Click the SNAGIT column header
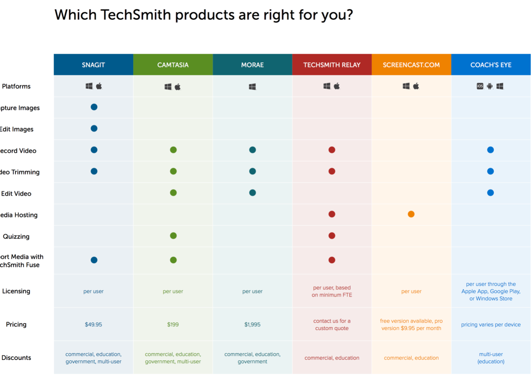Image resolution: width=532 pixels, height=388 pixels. (x=93, y=65)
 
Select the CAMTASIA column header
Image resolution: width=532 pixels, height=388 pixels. (x=173, y=65)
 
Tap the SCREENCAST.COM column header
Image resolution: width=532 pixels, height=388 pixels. (x=411, y=65)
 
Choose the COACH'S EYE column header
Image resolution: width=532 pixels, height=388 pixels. (x=491, y=65)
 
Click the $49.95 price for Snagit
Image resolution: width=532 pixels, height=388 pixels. (x=93, y=324)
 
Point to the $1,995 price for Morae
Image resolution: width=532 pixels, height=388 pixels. (x=252, y=324)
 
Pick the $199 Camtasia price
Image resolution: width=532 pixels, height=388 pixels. (x=173, y=324)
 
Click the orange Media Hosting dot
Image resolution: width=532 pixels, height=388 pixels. (x=411, y=214)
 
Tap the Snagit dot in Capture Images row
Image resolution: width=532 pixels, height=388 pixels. (x=94, y=107)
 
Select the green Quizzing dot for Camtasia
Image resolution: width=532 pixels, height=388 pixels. (x=173, y=236)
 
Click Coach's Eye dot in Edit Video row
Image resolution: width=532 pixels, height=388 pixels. (x=490, y=193)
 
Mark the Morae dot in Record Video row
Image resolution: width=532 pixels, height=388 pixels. (x=253, y=150)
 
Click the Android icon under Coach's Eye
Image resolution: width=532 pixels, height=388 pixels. (x=490, y=86)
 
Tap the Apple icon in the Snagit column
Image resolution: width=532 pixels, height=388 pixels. (x=99, y=86)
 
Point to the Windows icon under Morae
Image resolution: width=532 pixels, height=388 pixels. (x=252, y=87)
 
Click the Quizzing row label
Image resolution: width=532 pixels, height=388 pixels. (x=16, y=237)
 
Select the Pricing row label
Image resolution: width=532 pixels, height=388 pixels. (x=16, y=324)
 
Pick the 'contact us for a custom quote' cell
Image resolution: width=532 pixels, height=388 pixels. (x=332, y=324)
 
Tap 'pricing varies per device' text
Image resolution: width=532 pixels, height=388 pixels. (x=491, y=324)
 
